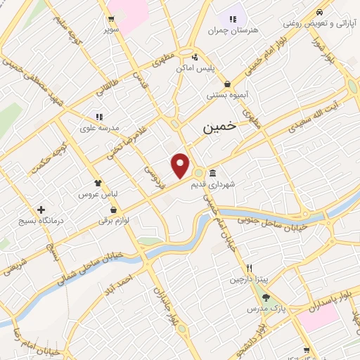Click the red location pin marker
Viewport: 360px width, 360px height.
click(x=181, y=165)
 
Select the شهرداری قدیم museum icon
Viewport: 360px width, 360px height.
click(x=212, y=174)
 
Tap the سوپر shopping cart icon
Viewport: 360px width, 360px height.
click(x=112, y=19)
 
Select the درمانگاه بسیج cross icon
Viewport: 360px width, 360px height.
click(x=41, y=210)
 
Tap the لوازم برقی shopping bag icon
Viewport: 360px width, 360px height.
click(x=112, y=210)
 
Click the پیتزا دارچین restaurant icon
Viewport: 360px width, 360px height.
click(x=249, y=269)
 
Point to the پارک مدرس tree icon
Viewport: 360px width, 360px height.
click(x=265, y=297)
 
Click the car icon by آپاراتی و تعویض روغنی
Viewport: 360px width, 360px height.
click(x=320, y=12)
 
